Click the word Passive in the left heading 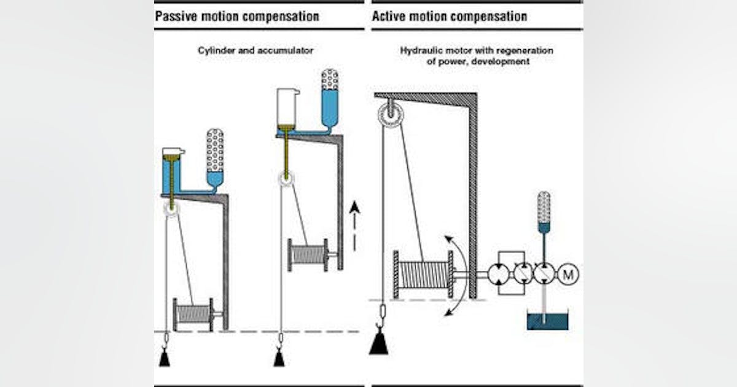click(x=174, y=16)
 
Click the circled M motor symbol click(x=568, y=275)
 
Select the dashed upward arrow click(x=353, y=227)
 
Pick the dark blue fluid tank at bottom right click(x=548, y=321)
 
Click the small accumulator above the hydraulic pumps click(x=544, y=211)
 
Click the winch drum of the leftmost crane click(x=193, y=314)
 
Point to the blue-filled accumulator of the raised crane click(x=330, y=98)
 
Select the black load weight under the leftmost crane click(x=164, y=358)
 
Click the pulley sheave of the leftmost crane click(x=171, y=208)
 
